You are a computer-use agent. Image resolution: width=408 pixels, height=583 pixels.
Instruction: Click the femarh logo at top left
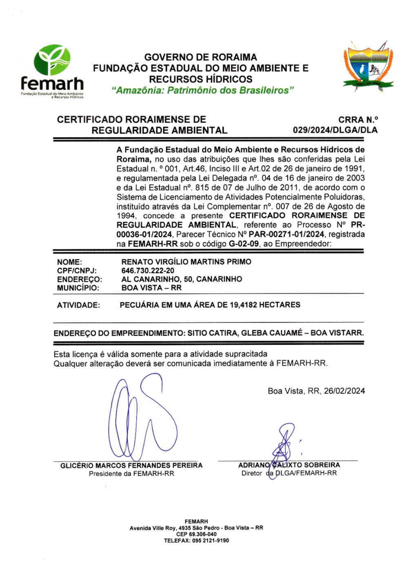pos(52,72)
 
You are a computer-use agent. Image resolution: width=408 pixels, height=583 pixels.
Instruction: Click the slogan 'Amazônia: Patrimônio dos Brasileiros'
pos(203,90)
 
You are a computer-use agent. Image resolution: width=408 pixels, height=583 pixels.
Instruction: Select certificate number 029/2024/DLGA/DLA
pos(335,130)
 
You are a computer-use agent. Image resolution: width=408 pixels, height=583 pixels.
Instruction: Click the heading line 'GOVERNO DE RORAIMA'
pos(200,57)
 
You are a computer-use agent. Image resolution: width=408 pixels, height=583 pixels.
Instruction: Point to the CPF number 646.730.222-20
pos(148,271)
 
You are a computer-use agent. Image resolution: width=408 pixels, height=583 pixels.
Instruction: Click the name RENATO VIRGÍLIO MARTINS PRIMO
pos(186,262)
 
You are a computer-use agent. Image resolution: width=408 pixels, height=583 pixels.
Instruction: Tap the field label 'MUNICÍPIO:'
pos(78,288)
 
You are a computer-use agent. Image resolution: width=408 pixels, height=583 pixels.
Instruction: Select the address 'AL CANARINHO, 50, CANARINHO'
pos(182,279)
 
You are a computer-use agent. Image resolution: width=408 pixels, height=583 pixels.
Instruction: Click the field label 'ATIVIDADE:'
pos(78,305)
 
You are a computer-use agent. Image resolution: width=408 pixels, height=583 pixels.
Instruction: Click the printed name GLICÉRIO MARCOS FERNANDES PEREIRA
pos(131,466)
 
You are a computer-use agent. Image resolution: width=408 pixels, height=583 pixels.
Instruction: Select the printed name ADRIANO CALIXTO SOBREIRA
pos(289,465)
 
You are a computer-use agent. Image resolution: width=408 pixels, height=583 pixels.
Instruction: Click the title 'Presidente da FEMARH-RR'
pos(131,474)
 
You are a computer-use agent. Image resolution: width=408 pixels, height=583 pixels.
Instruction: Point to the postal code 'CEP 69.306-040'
pos(196,534)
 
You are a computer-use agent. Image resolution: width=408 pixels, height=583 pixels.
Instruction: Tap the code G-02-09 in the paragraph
pos(244,244)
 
